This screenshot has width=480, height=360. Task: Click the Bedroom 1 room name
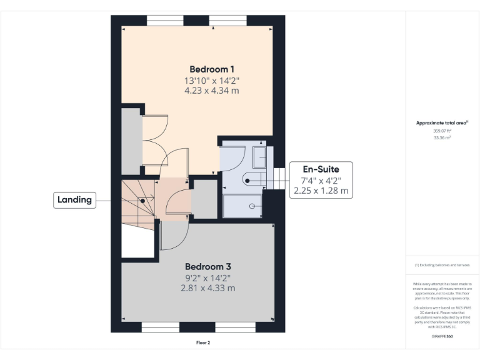[211, 69]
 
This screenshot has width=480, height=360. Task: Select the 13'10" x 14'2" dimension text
[211, 81]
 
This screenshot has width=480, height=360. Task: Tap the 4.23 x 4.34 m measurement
[211, 91]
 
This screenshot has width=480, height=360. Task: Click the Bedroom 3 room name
[207, 266]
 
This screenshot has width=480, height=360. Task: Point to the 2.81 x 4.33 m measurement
[207, 288]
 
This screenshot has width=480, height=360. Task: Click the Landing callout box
[74, 200]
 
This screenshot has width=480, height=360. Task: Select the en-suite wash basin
[259, 156]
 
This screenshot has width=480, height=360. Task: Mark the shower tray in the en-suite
[242, 206]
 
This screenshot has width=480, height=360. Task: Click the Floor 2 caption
[204, 342]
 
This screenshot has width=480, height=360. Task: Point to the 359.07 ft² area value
[442, 131]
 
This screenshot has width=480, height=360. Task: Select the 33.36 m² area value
[442, 137]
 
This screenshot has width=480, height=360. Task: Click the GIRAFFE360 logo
[442, 337]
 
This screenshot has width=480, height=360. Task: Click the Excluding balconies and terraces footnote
[442, 265]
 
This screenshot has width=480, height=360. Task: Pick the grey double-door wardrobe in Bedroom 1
[131, 141]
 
